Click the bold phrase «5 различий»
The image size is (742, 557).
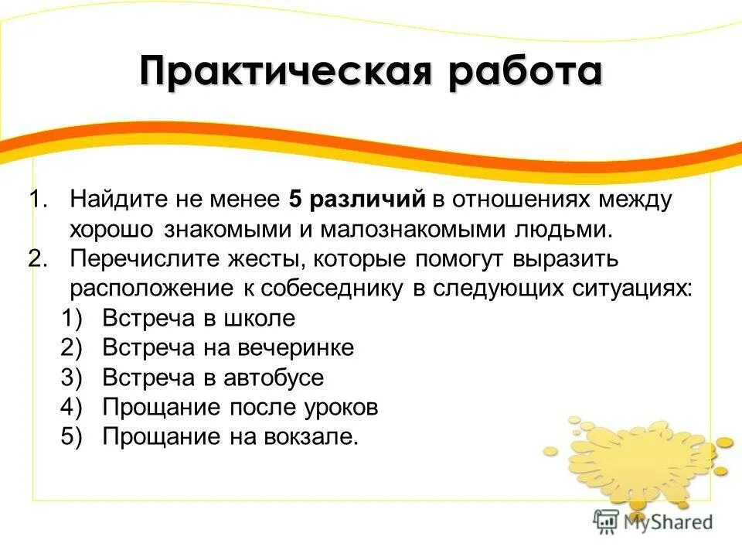click(357, 200)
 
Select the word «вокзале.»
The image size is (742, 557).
click(317, 436)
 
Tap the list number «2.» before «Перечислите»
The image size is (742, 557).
click(39, 258)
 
